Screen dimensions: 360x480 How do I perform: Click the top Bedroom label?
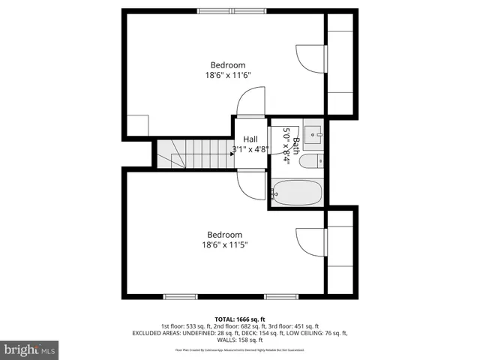tap(227, 65)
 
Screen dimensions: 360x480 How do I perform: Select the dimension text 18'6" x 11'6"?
tap(227, 75)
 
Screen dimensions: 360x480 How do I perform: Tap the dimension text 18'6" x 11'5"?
tap(224, 244)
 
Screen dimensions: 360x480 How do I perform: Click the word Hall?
tap(250, 139)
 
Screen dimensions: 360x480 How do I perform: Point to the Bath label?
tap(296, 140)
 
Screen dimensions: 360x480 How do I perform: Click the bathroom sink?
tap(313, 133)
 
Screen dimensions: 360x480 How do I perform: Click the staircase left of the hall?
tap(192, 154)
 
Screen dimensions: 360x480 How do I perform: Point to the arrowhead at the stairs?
tap(232, 153)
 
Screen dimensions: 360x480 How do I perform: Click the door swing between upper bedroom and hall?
tap(251, 101)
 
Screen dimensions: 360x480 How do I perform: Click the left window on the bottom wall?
tap(181, 296)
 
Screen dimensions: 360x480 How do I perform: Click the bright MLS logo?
tap(30, 349)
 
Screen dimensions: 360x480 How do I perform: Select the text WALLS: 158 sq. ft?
tap(240, 339)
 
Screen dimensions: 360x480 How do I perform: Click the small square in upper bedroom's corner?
tap(137, 124)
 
